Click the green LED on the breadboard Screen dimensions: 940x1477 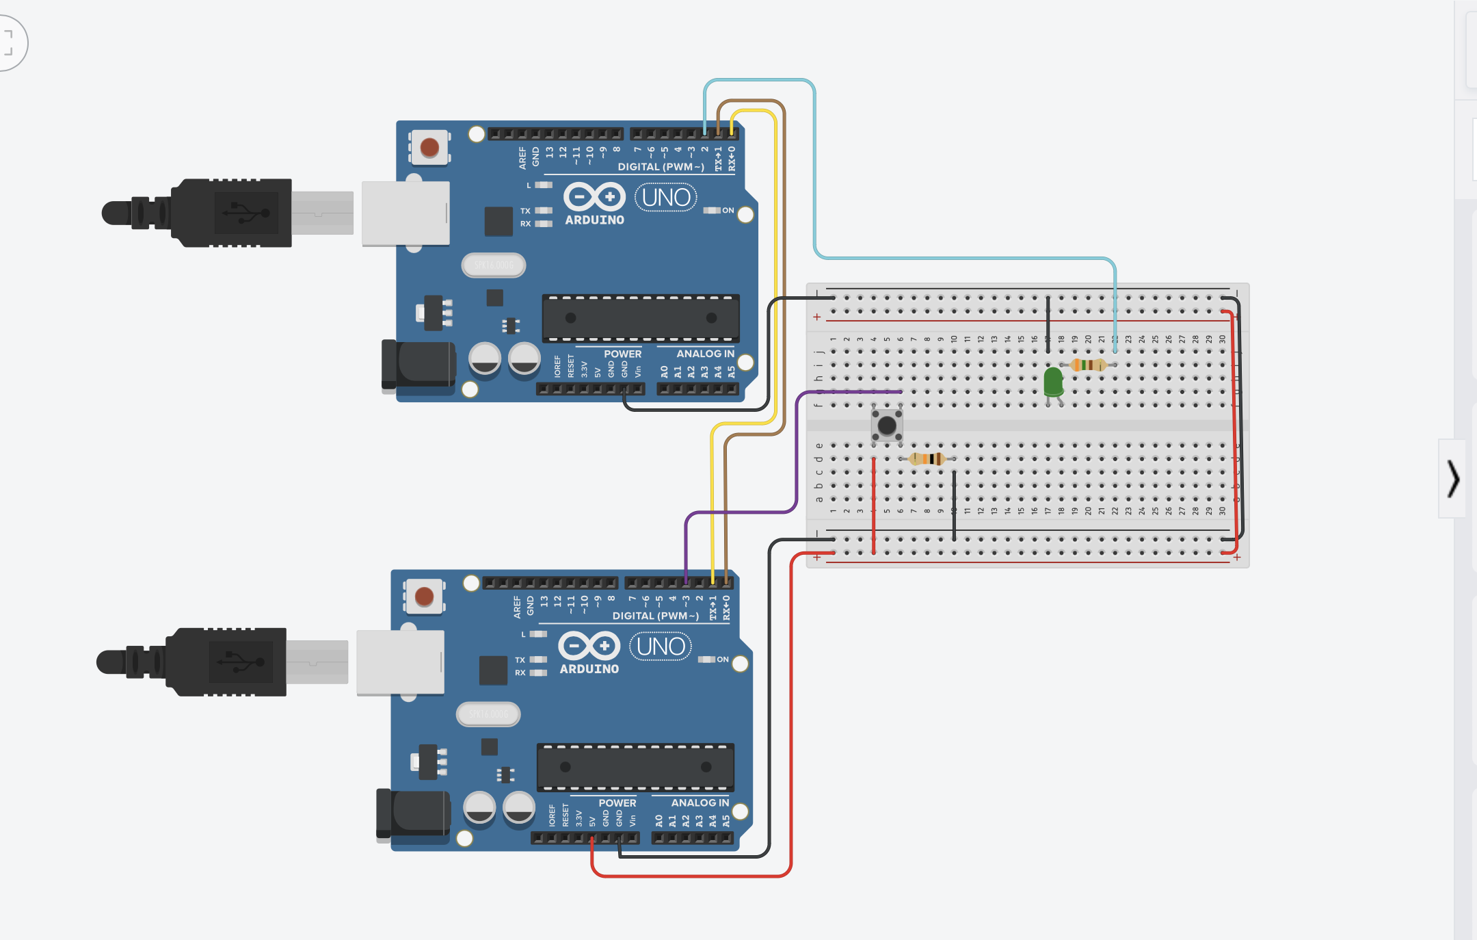(x=1053, y=381)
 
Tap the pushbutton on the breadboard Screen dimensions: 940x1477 (x=887, y=426)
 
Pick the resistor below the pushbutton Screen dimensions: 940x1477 (x=927, y=458)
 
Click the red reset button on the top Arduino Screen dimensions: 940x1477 (x=429, y=147)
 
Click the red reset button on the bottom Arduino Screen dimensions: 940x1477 (x=424, y=596)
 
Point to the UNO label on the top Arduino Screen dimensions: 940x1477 (x=665, y=198)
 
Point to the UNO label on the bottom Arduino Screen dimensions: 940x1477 (x=660, y=647)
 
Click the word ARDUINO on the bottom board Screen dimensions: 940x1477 (x=589, y=669)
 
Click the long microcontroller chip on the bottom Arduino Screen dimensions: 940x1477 (x=635, y=767)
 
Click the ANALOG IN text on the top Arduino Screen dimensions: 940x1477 (x=705, y=354)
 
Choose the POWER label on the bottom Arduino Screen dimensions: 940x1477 (x=617, y=802)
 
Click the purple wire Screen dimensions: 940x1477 (x=797, y=452)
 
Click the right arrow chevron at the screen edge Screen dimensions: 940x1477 (x=1453, y=478)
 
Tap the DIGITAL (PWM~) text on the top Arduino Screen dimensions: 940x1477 (x=661, y=167)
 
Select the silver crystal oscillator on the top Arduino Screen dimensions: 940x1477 (x=494, y=265)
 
